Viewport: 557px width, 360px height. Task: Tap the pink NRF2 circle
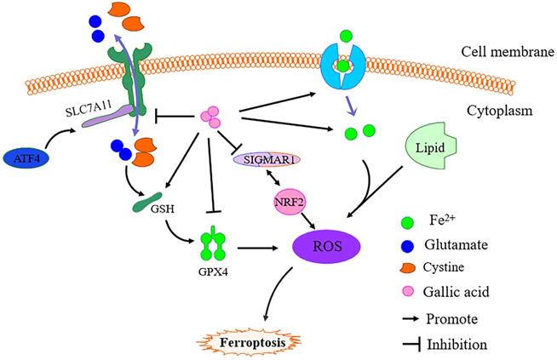(289, 203)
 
